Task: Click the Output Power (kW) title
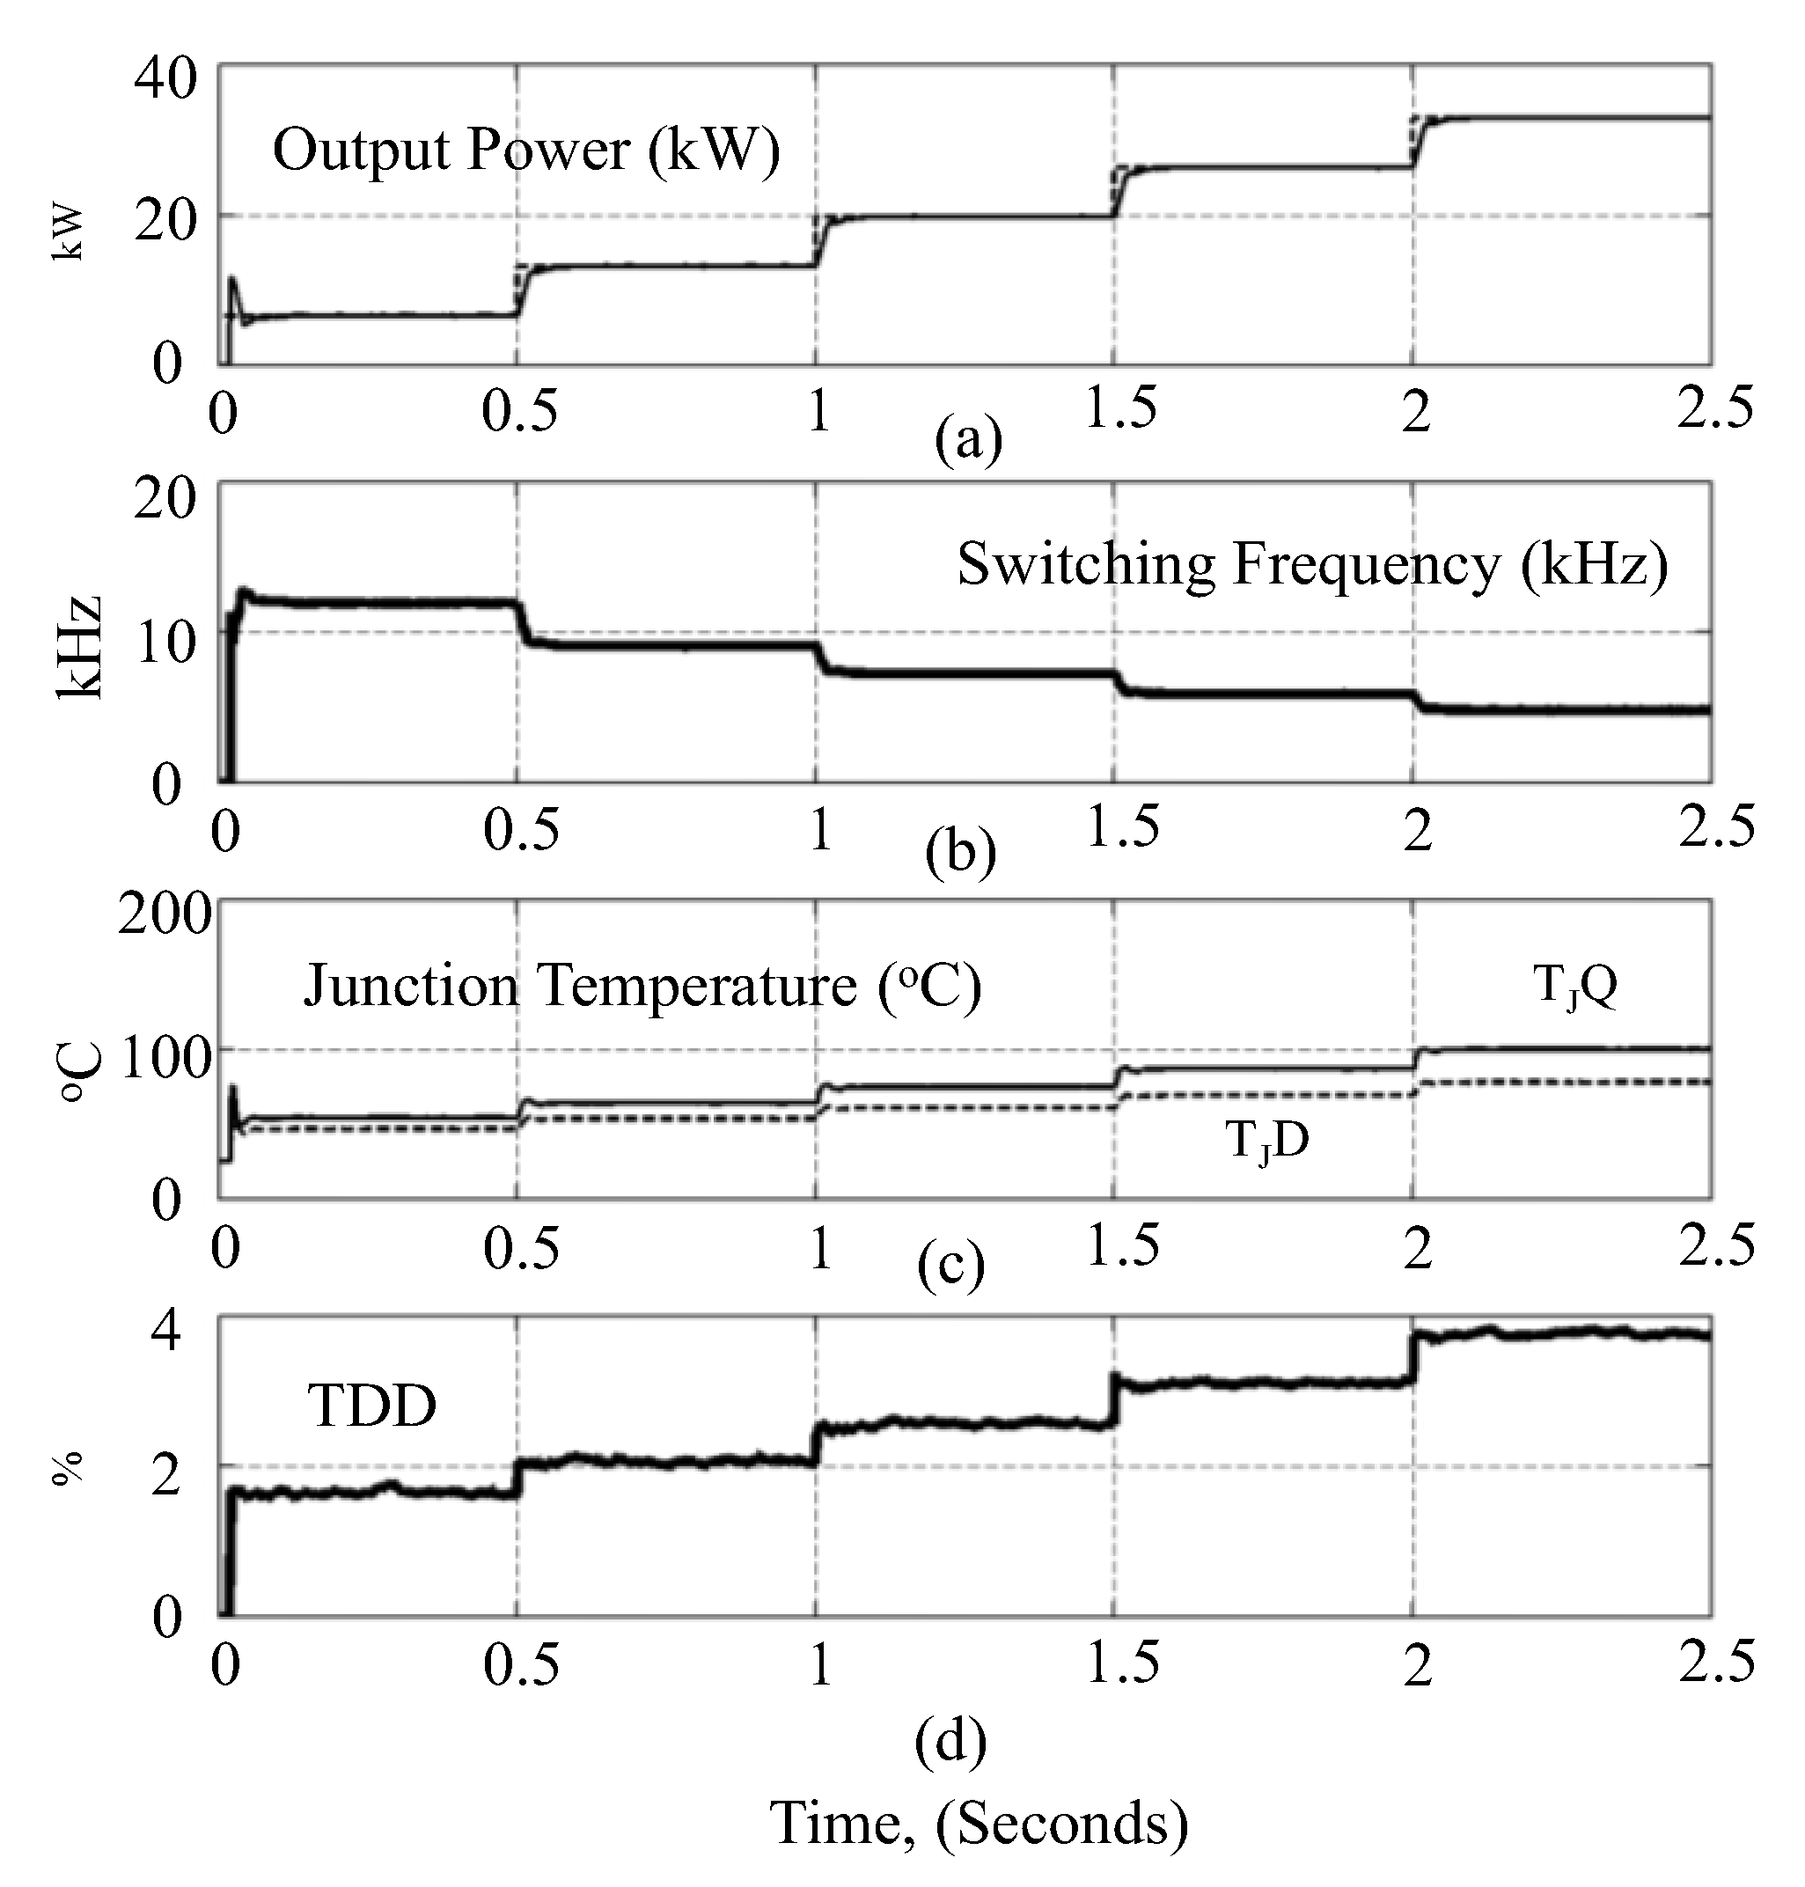click(x=525, y=151)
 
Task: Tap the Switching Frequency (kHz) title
click(x=1311, y=565)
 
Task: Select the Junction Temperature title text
click(x=642, y=987)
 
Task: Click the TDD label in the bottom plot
click(x=371, y=1406)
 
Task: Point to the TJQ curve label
click(x=1574, y=987)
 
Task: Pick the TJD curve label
click(x=1266, y=1142)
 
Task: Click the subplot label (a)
click(x=968, y=440)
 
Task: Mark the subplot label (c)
click(x=950, y=1267)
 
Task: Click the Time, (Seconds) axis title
click(x=979, y=1823)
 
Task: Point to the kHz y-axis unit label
click(x=79, y=647)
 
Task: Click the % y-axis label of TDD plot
click(x=68, y=1469)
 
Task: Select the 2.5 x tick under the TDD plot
click(x=1715, y=1663)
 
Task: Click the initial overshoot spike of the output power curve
click(x=231, y=282)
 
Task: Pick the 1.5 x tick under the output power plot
click(x=1120, y=409)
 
